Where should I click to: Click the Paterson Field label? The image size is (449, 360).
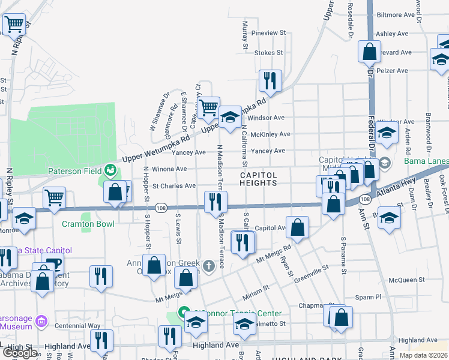pyautogui.click(x=75, y=170)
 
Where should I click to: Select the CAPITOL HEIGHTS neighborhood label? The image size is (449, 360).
pyautogui.click(x=259, y=179)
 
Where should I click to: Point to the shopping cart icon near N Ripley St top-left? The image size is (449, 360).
pyautogui.click(x=14, y=25)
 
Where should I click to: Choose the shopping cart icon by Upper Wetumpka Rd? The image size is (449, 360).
pyautogui.click(x=208, y=108)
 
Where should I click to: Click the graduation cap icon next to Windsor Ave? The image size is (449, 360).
pyautogui.click(x=229, y=117)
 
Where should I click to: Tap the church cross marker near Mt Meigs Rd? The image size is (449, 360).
pyautogui.click(x=208, y=265)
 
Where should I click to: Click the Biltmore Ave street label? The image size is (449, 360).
pyautogui.click(x=396, y=14)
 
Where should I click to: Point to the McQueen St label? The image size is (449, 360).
pyautogui.click(x=406, y=280)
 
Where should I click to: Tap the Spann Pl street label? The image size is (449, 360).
pyautogui.click(x=370, y=296)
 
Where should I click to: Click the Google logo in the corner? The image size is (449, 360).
pyautogui.click(x=20, y=353)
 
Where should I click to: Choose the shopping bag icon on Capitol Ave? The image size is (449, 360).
pyautogui.click(x=298, y=227)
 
